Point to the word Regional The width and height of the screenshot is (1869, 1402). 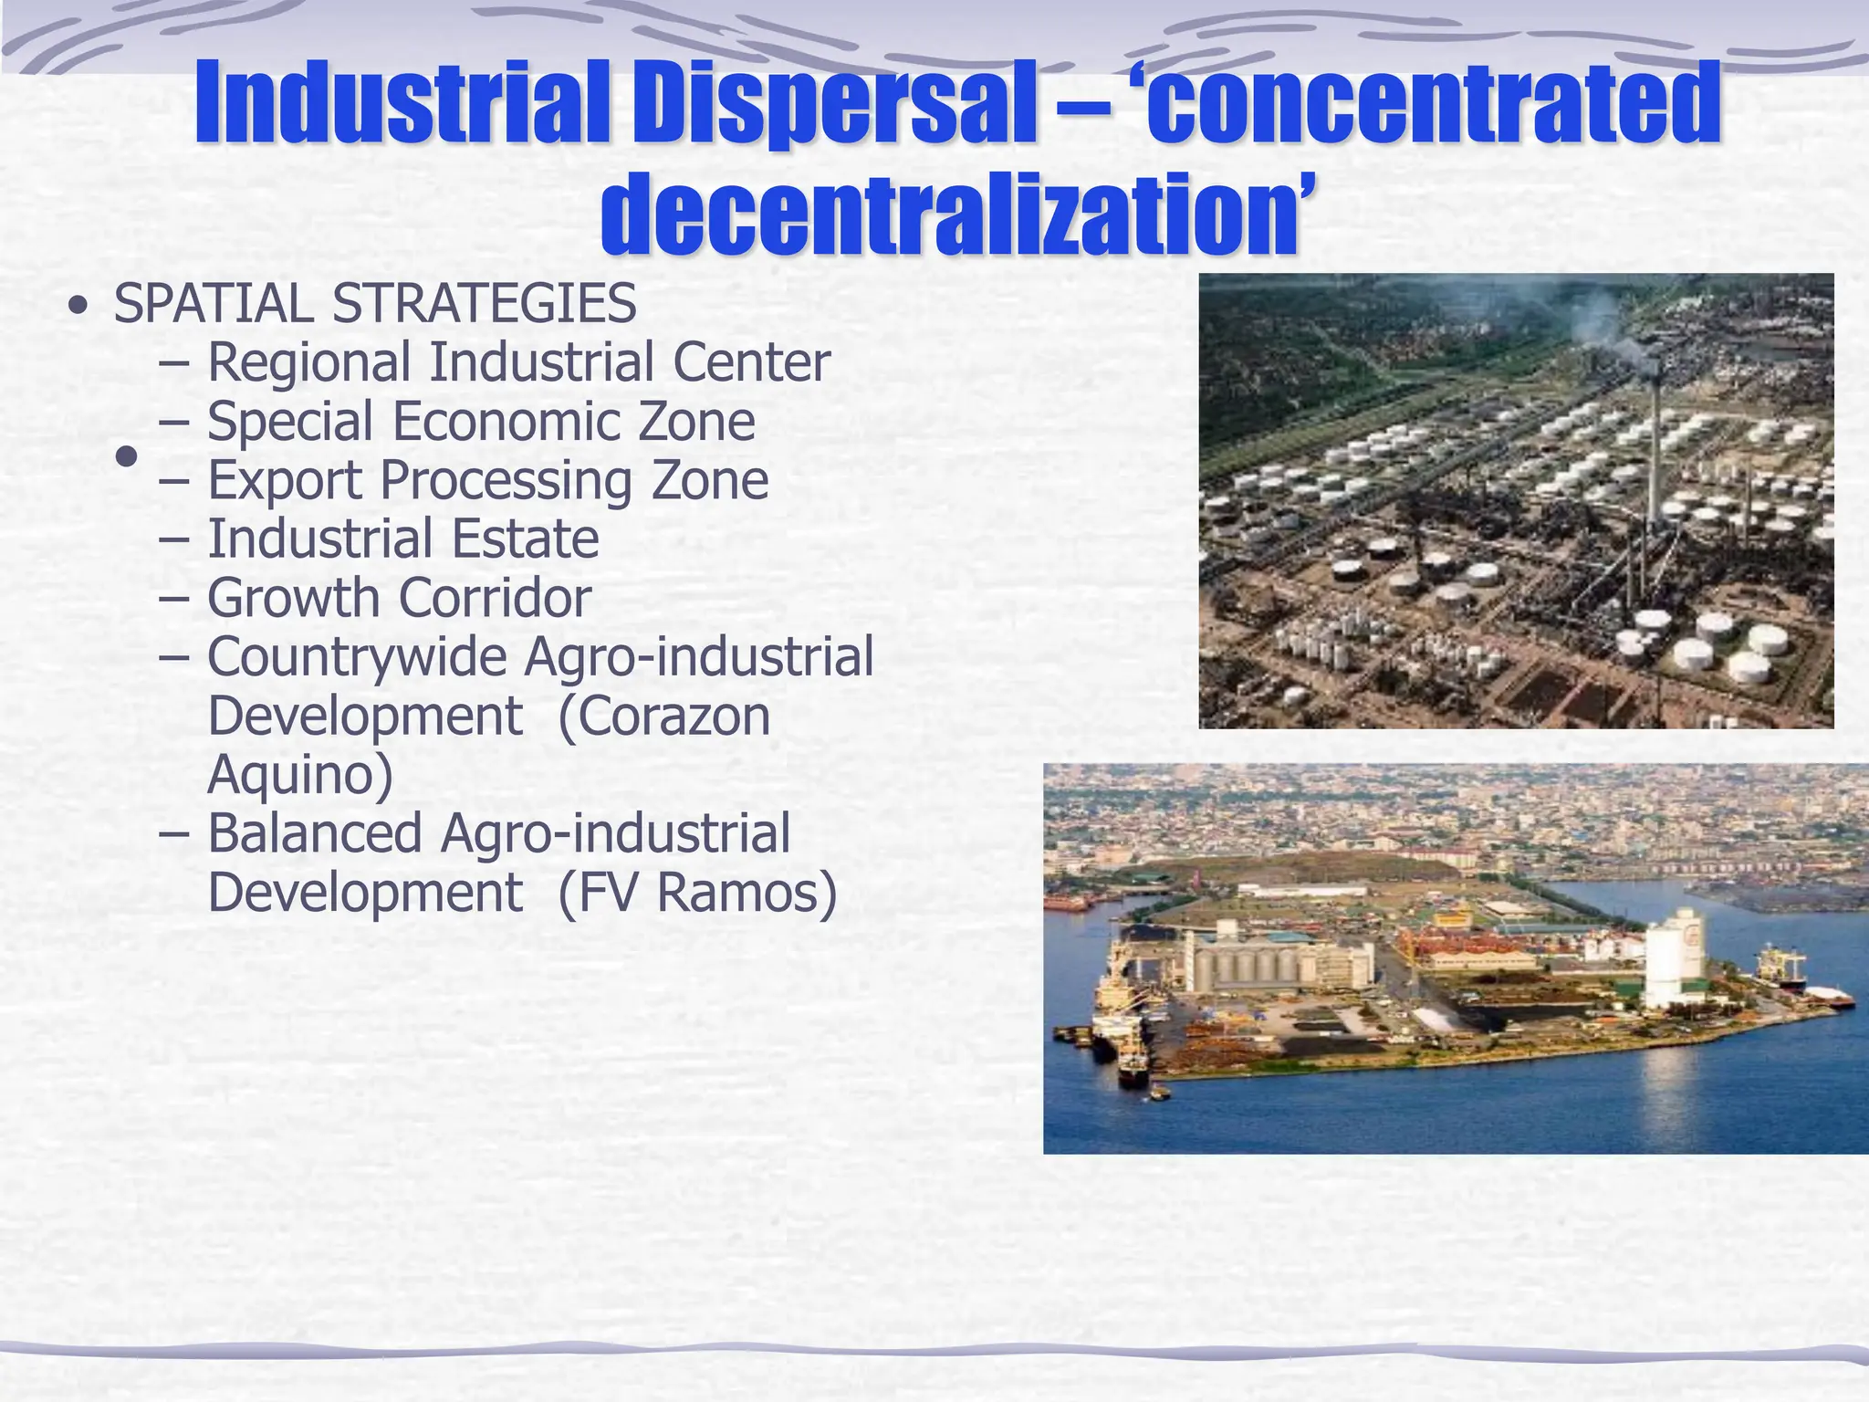pyautogui.click(x=308, y=363)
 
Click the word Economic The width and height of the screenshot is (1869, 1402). pyautogui.click(x=507, y=422)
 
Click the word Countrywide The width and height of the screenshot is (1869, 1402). pyautogui.click(x=357, y=658)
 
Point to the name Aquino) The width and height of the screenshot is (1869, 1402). pyautogui.click(x=300, y=776)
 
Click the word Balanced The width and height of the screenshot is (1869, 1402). pyautogui.click(x=315, y=834)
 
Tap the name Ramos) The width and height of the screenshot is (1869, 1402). pyautogui.click(x=747, y=893)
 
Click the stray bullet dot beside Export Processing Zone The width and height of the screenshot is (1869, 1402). pyautogui.click(x=127, y=455)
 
